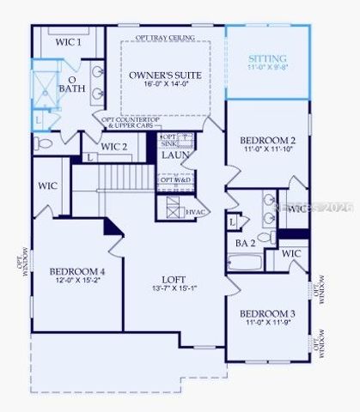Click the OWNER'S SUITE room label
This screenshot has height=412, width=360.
pos(165,76)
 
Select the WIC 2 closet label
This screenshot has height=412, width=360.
pos(114,147)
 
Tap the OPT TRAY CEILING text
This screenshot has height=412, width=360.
pos(164,39)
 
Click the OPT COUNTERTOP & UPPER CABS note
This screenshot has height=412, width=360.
pos(129,123)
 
